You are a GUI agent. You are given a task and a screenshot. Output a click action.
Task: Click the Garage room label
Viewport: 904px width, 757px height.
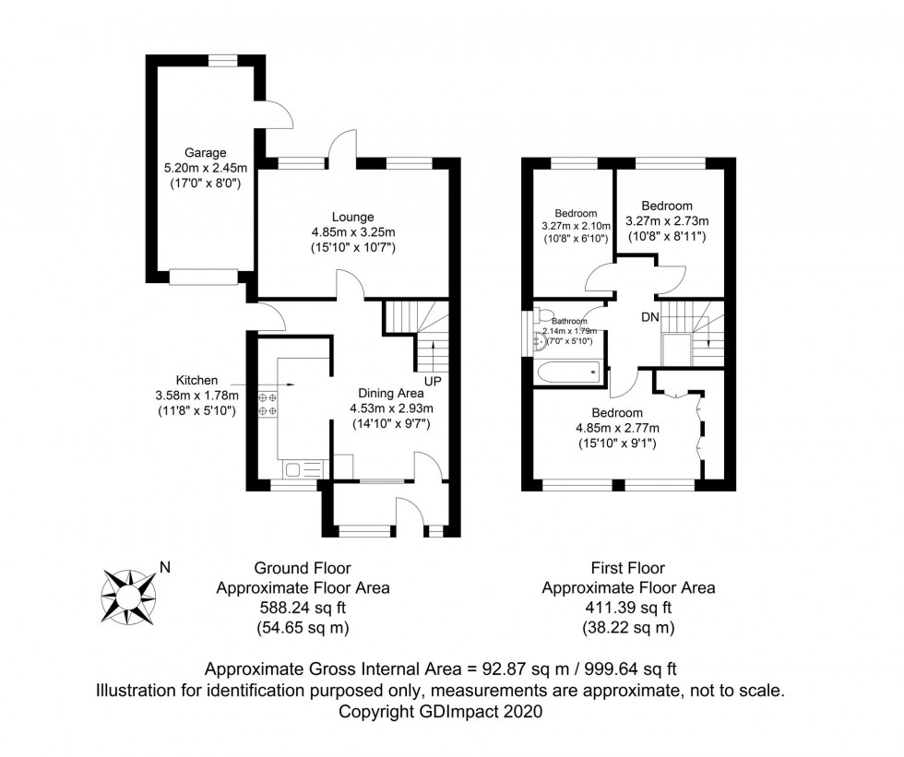[205, 153]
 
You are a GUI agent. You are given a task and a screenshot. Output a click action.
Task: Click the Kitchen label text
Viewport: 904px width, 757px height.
[197, 380]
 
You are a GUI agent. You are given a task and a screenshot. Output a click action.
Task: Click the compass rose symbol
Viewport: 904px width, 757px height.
[128, 592]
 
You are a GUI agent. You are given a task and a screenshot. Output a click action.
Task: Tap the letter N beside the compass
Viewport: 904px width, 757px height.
[165, 568]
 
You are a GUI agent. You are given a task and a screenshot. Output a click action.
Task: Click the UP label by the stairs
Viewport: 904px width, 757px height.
[431, 380]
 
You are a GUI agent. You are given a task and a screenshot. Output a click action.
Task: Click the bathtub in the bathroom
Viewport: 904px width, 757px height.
[566, 373]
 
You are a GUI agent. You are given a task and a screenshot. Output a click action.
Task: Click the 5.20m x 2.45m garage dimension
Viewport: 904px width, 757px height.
[205, 168]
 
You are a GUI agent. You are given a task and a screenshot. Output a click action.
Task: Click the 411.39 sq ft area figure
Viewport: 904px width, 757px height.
[627, 608]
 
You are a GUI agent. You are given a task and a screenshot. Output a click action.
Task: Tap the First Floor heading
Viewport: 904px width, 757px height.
[627, 568]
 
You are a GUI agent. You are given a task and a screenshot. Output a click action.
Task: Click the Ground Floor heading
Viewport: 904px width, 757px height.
[303, 568]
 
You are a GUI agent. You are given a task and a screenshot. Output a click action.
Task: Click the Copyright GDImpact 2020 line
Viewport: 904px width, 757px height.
[442, 712]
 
